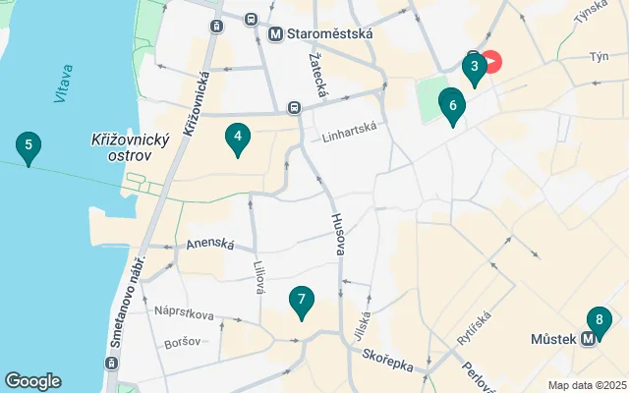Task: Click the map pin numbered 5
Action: point(29,148)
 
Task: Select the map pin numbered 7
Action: point(302,301)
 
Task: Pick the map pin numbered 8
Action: point(599,321)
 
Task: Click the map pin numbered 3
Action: point(475,68)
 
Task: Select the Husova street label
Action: point(337,235)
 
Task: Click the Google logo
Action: point(32,381)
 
